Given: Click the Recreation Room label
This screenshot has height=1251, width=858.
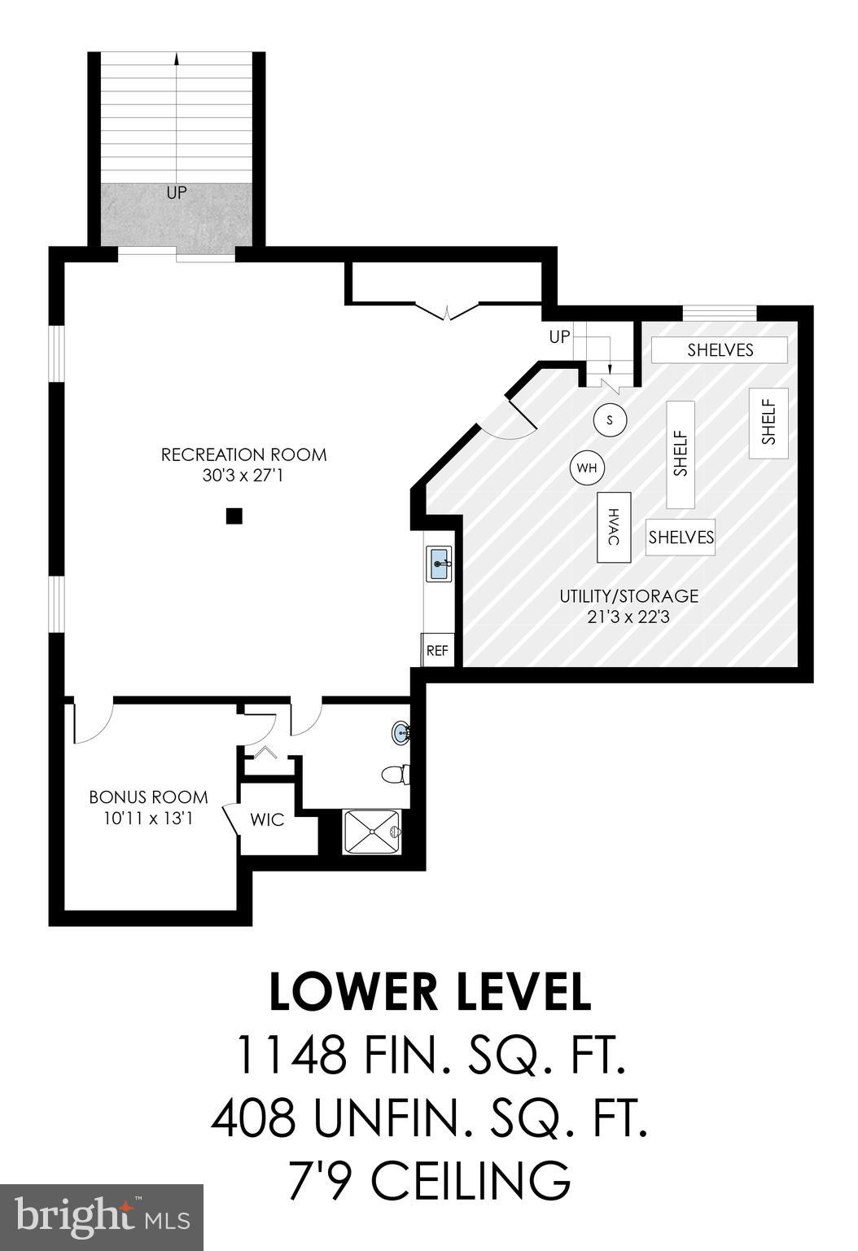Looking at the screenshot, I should pyautogui.click(x=243, y=454).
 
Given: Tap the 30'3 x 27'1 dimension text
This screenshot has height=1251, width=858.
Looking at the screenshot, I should pyautogui.click(x=243, y=475).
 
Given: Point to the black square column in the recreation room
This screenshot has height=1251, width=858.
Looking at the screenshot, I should pyautogui.click(x=234, y=516).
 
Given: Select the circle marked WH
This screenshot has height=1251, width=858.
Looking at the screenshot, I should pyautogui.click(x=587, y=468).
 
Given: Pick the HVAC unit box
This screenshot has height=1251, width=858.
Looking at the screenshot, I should pyautogui.click(x=615, y=527).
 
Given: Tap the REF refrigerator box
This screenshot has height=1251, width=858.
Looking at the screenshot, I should pyautogui.click(x=437, y=651).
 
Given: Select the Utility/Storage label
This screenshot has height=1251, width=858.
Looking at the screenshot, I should pyautogui.click(x=628, y=595).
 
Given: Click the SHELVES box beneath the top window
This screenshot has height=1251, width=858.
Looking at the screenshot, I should pyautogui.click(x=720, y=350).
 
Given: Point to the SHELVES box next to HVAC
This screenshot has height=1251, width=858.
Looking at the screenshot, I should pyautogui.click(x=681, y=538).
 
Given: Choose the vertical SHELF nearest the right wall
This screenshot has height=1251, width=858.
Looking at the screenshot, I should pyautogui.click(x=768, y=423).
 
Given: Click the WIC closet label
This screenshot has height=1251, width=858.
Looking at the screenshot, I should pyautogui.click(x=267, y=819).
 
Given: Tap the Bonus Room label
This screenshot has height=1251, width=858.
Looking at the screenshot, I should pyautogui.click(x=148, y=797).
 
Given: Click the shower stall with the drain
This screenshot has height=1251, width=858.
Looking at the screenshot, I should pyautogui.click(x=372, y=832).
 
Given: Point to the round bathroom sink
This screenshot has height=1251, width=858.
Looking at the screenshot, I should pyautogui.click(x=401, y=733).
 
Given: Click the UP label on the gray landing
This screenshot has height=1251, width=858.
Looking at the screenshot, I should pyautogui.click(x=177, y=193).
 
